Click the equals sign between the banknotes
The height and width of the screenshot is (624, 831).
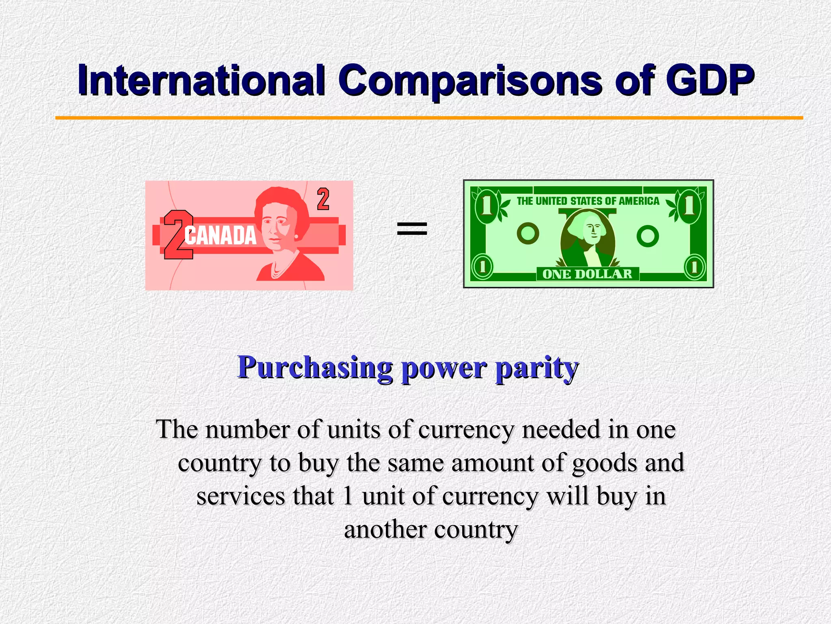click(412, 228)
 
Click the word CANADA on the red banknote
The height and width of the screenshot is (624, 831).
click(220, 236)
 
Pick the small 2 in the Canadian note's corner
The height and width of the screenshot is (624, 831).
click(323, 199)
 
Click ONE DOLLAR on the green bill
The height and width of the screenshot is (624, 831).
click(587, 274)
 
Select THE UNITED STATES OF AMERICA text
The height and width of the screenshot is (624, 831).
click(588, 201)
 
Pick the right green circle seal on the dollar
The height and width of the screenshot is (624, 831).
click(648, 236)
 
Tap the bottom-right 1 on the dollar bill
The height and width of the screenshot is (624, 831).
click(695, 267)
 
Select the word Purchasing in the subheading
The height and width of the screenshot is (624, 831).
click(314, 368)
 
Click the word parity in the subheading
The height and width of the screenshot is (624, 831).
click(536, 368)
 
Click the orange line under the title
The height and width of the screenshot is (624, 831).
click(429, 118)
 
